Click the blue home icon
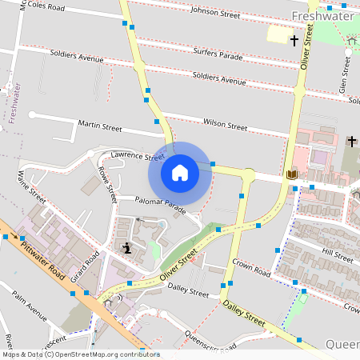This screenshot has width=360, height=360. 180,172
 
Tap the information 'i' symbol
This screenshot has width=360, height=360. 127,249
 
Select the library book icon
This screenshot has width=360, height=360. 290,174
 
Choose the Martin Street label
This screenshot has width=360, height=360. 99,126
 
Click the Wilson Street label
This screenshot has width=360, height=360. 226,125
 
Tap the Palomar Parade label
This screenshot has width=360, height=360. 162,206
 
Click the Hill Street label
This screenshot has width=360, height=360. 337,255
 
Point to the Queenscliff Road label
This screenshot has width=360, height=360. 210,342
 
